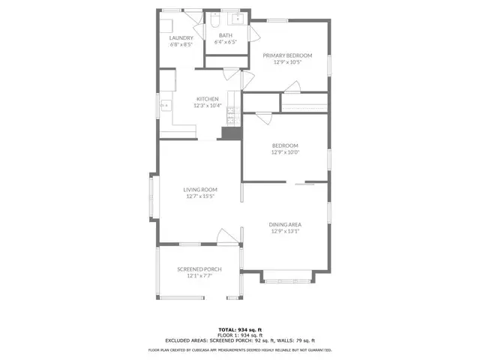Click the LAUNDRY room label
point(181,37)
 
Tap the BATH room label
point(226,34)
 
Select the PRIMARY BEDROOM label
point(287,55)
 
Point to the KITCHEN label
point(208,99)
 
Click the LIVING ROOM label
point(200,190)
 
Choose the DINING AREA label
point(285,224)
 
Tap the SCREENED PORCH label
point(199,269)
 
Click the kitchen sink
point(164,107)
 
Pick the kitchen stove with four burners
point(232,112)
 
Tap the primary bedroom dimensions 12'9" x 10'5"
point(287,62)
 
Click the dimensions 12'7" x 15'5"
point(200,196)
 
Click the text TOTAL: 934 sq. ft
point(240,329)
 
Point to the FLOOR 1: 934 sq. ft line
point(240,335)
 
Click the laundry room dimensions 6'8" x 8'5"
point(181,44)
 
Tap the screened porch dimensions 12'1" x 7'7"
point(199,276)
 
